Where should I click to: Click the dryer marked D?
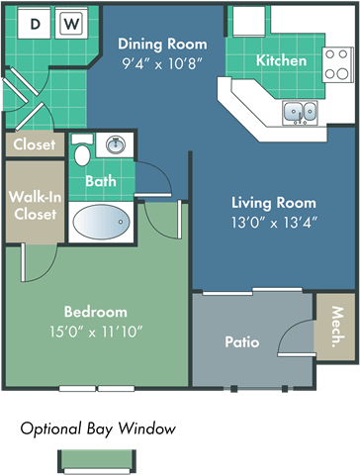pyautogui.click(x=37, y=23)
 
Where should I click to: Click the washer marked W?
pyautogui.click(x=71, y=23)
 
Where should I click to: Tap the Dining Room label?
pyautogui.click(x=162, y=44)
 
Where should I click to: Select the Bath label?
pyautogui.click(x=100, y=181)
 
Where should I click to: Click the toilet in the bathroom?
pyautogui.click(x=83, y=152)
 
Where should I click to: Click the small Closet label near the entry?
pyautogui.click(x=34, y=144)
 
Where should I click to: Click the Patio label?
pyautogui.click(x=241, y=342)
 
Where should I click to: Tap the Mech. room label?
pyautogui.click(x=337, y=326)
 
